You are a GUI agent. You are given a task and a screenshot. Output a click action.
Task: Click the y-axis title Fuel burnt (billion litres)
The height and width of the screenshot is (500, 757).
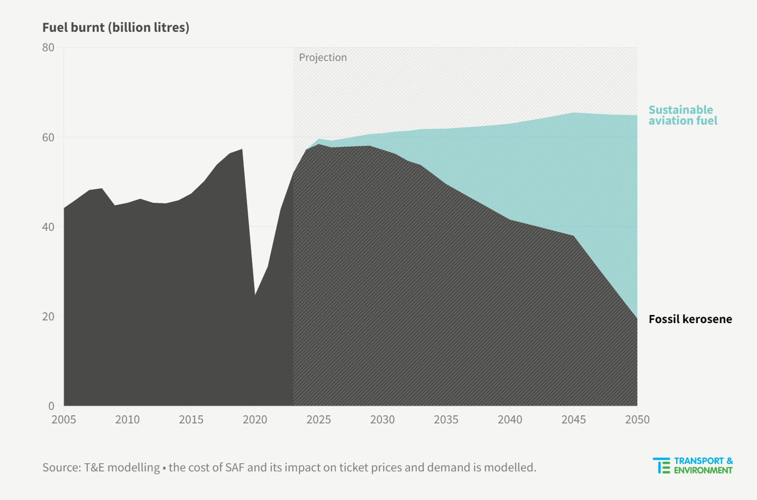click(x=115, y=28)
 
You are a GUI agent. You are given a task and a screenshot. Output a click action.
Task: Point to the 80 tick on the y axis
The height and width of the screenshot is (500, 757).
click(x=49, y=47)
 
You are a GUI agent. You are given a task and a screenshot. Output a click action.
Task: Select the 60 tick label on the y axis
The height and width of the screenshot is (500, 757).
click(x=49, y=138)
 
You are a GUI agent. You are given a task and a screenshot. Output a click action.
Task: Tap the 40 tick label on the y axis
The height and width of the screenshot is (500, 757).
click(x=49, y=227)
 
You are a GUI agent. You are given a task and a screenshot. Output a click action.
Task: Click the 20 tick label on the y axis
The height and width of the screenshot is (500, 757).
click(x=49, y=317)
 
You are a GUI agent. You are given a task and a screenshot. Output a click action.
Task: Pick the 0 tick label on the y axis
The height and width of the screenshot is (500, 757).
click(x=51, y=406)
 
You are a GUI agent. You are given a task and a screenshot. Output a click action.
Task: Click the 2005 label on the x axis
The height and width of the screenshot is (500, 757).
click(x=64, y=420)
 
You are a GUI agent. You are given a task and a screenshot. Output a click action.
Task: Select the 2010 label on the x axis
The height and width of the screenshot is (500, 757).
click(x=127, y=420)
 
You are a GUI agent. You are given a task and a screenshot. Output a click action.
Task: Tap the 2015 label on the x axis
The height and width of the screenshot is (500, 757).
click(x=191, y=420)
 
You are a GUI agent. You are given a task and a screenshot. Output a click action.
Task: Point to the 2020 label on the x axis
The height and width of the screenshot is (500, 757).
click(x=255, y=420)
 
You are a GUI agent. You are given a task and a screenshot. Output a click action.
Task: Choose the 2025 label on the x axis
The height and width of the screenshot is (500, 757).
click(x=318, y=420)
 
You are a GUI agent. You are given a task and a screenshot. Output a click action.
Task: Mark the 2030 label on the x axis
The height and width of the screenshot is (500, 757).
click(x=382, y=420)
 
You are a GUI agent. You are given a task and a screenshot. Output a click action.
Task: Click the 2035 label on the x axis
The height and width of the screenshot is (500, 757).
click(x=446, y=420)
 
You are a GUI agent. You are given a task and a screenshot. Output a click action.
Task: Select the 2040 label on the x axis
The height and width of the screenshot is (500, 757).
click(x=510, y=420)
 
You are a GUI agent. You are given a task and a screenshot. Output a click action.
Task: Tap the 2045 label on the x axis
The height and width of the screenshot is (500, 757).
click(x=574, y=420)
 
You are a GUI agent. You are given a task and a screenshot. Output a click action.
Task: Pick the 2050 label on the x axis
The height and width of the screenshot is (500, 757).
click(x=637, y=420)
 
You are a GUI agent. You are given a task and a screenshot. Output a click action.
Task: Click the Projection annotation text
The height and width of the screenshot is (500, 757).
click(x=323, y=58)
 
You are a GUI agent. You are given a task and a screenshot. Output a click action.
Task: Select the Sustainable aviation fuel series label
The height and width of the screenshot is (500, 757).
click(x=683, y=115)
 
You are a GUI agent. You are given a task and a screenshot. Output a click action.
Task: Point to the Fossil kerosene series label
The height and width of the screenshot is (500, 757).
click(x=690, y=319)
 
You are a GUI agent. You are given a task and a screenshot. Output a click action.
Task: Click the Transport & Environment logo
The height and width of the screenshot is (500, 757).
click(x=693, y=465)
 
